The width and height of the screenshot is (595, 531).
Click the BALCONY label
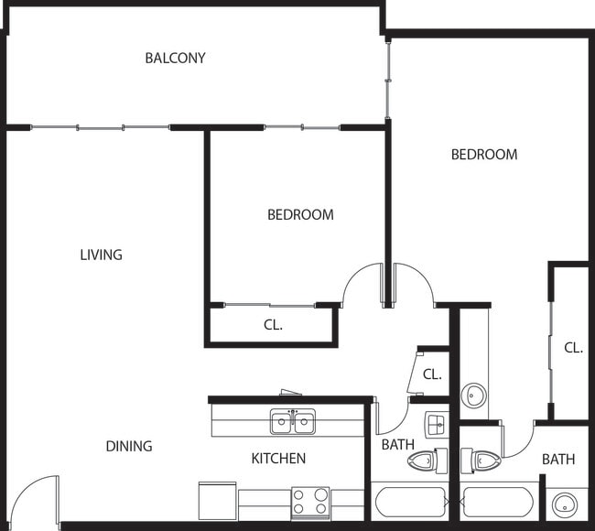[x=176, y=58]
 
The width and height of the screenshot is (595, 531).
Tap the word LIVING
[x=102, y=255]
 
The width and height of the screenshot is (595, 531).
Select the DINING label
[x=129, y=446]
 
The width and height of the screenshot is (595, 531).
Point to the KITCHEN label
[x=278, y=459]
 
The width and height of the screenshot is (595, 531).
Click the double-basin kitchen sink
[x=293, y=421]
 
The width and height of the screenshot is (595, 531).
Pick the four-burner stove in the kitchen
[x=310, y=504]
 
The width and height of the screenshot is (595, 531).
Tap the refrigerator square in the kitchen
[x=218, y=501]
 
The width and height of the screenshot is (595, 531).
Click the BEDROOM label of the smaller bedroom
[x=300, y=215]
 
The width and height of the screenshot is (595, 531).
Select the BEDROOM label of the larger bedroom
[x=484, y=155]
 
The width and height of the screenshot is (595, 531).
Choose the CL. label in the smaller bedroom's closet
[x=273, y=325]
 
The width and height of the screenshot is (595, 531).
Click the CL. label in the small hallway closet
[x=432, y=374]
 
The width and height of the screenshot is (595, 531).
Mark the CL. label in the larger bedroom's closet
[x=573, y=348]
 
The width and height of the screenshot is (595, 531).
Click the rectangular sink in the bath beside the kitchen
[x=436, y=424]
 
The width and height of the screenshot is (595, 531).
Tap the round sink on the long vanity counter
[x=473, y=396]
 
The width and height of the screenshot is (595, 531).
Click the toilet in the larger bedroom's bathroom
[x=481, y=461]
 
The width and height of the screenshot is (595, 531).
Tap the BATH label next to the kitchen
[x=397, y=444]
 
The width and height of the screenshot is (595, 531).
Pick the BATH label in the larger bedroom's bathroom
[x=558, y=460]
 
